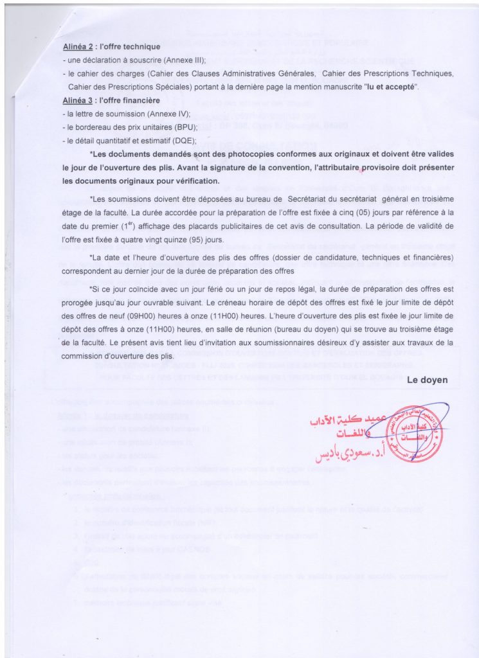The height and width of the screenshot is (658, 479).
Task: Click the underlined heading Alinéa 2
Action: tap(78, 47)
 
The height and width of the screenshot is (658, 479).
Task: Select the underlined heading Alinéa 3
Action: tap(78, 101)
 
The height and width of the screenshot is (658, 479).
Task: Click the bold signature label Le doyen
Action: tap(428, 380)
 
